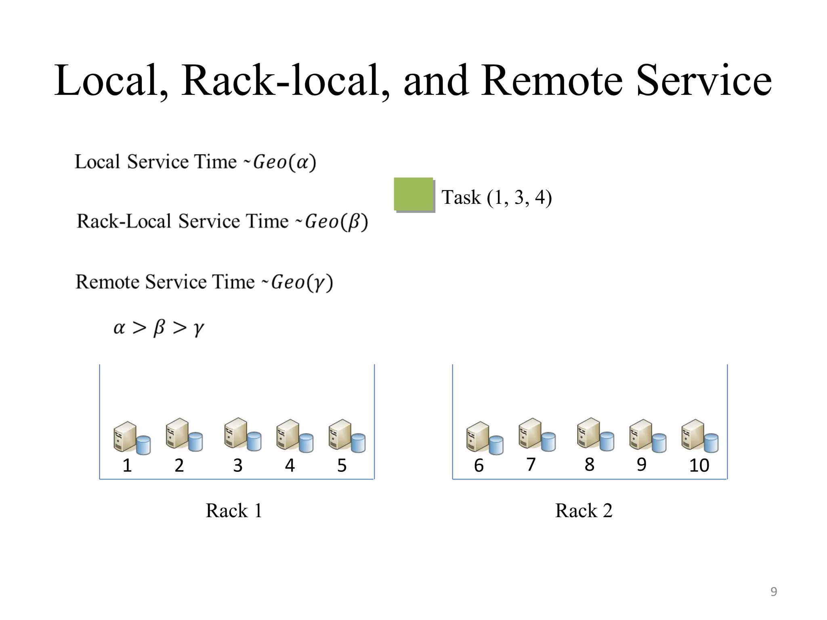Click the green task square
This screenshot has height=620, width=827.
pyautogui.click(x=413, y=194)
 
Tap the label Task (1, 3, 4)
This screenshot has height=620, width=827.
pyautogui.click(x=496, y=197)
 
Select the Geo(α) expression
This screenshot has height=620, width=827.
pyautogui.click(x=284, y=162)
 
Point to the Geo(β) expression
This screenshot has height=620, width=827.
pyautogui.click(x=336, y=222)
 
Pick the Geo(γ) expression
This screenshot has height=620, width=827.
pyautogui.click(x=302, y=282)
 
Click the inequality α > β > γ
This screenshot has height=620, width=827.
pyautogui.click(x=159, y=327)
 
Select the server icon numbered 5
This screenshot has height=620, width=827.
pyautogui.click(x=346, y=436)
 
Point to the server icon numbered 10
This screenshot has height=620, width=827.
pyautogui.click(x=699, y=436)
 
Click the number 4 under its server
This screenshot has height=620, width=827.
pyautogui.click(x=290, y=465)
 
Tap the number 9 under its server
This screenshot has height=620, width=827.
pyautogui.click(x=641, y=464)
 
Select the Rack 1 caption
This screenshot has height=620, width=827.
pyautogui.click(x=234, y=511)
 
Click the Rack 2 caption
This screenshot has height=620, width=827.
pyautogui.click(x=584, y=511)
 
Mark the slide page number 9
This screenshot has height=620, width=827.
pyautogui.click(x=773, y=591)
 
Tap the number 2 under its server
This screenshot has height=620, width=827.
pyautogui.click(x=179, y=465)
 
